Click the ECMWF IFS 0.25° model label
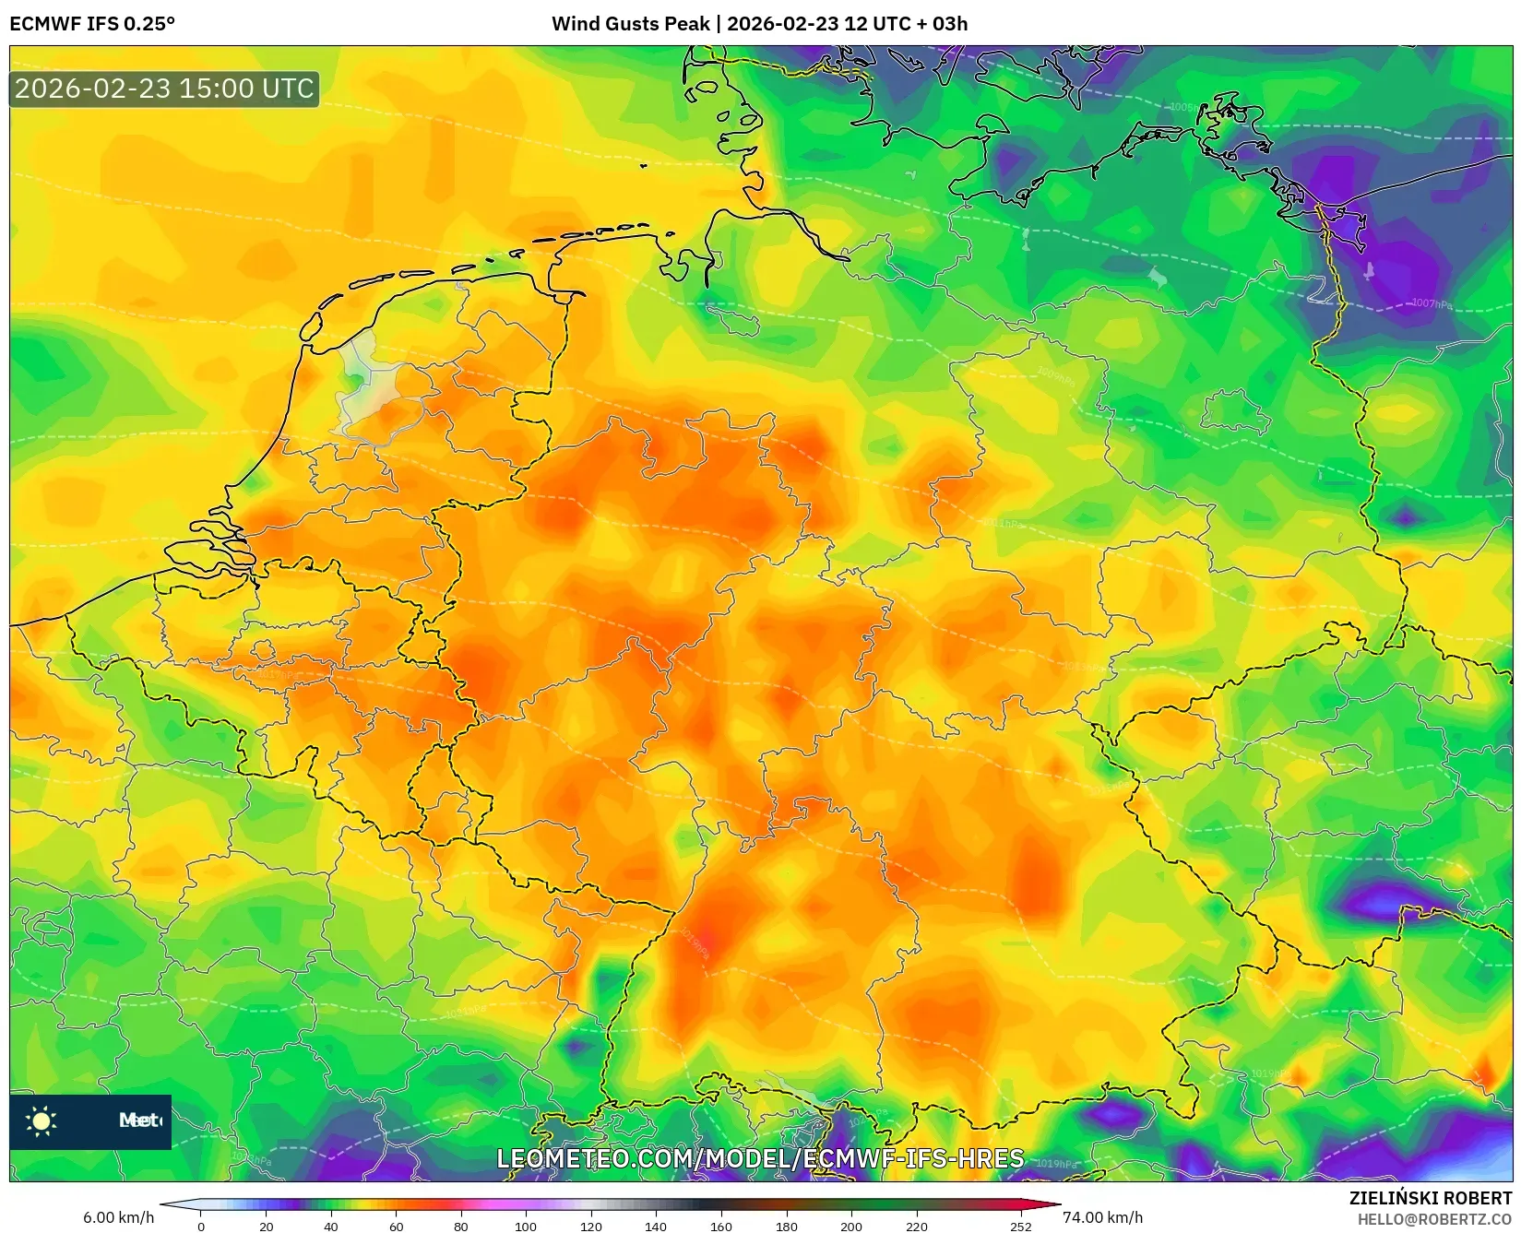(x=92, y=23)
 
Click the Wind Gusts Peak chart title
(x=759, y=23)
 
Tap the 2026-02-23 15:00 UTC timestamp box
(x=164, y=89)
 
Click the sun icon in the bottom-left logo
(x=42, y=1120)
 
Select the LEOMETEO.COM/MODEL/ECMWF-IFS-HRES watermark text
(x=760, y=1158)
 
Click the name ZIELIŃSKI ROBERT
(x=1430, y=1198)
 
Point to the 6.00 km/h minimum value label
(x=118, y=1217)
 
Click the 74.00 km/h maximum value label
(x=1102, y=1217)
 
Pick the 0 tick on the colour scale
(x=201, y=1226)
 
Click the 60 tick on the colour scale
(x=396, y=1226)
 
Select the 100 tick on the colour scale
(x=526, y=1226)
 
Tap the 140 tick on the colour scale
(x=656, y=1226)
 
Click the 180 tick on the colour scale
(x=786, y=1226)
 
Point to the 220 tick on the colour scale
(x=916, y=1226)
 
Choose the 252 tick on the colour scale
(x=1020, y=1226)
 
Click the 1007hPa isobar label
(x=1431, y=303)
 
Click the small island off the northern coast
(x=643, y=166)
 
